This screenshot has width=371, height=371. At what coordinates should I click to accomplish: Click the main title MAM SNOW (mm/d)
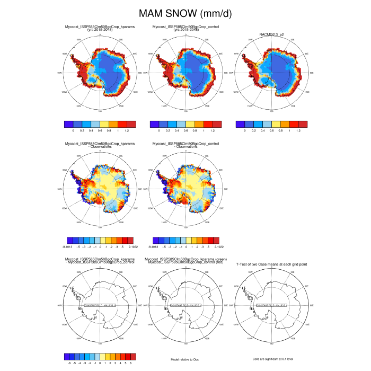point(185,13)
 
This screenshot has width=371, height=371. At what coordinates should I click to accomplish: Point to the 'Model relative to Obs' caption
point(185,360)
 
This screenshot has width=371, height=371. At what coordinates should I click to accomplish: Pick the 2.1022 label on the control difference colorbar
point(217,247)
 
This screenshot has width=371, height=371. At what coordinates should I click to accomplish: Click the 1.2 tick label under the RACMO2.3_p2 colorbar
point(298,130)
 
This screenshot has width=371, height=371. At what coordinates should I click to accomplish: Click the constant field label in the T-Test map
point(271,306)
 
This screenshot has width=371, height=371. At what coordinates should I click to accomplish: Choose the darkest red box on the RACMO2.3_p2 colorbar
point(303,123)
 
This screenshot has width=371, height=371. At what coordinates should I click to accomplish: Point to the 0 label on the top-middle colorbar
point(160,130)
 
